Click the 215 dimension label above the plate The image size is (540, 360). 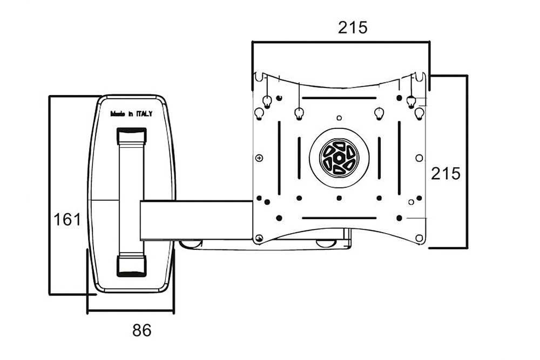tap(353, 28)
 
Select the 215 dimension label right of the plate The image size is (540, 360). tap(446, 174)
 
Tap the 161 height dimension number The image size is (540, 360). tap(67, 220)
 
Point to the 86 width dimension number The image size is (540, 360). tap(142, 330)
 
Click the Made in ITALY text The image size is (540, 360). tap(131, 114)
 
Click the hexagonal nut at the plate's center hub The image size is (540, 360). tap(339, 158)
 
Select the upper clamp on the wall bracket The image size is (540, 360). tap(132, 136)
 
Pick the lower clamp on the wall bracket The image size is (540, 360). tap(132, 266)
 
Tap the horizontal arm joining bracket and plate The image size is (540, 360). tap(197, 220)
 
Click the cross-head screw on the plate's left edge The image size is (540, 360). tap(259, 158)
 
